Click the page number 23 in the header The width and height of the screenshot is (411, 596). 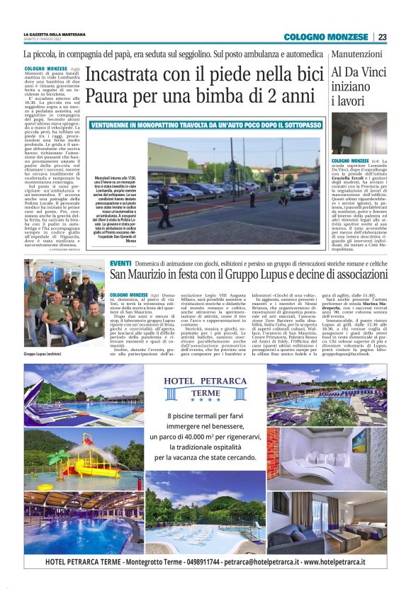coord(382,37)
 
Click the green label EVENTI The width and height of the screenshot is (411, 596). coord(120,263)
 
